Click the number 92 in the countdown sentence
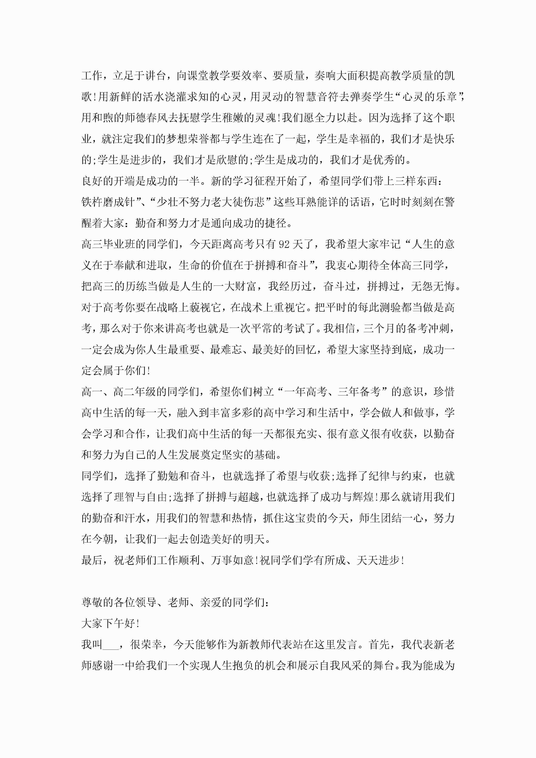[284, 245]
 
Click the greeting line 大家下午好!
[111, 624]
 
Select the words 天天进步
[378, 560]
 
